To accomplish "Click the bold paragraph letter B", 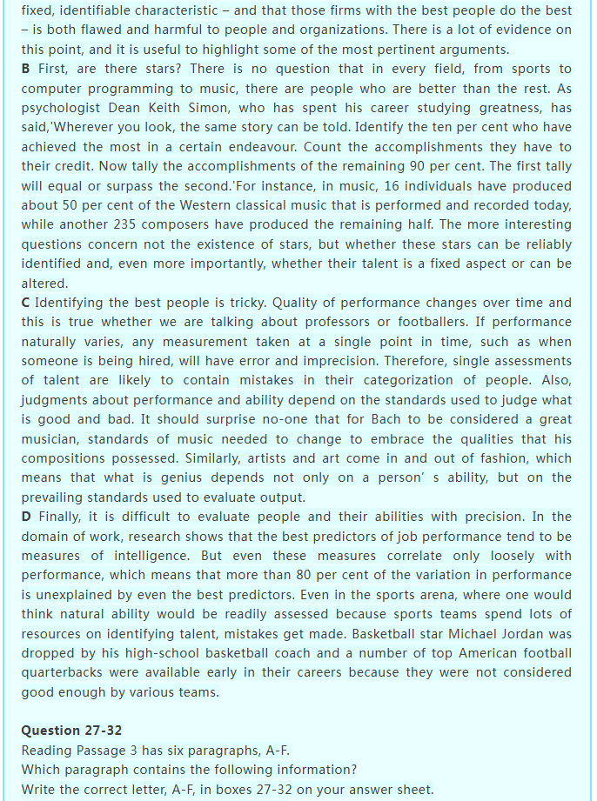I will [x=26, y=69].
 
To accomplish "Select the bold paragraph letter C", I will [x=26, y=303].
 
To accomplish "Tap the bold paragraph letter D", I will [x=26, y=517].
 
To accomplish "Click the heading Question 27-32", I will [x=72, y=731].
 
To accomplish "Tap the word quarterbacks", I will [x=63, y=672].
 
